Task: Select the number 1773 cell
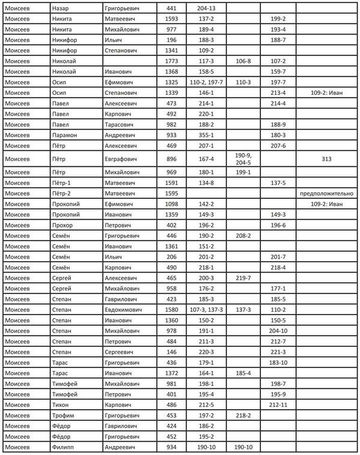coord(171,61)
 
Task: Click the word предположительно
coord(328,194)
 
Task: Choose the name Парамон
coord(65,136)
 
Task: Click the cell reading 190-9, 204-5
coord(243,159)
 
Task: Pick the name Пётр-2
coord(62,194)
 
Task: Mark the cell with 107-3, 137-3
coord(206,310)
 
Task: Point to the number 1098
coord(171,205)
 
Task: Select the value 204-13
coord(206,9)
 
